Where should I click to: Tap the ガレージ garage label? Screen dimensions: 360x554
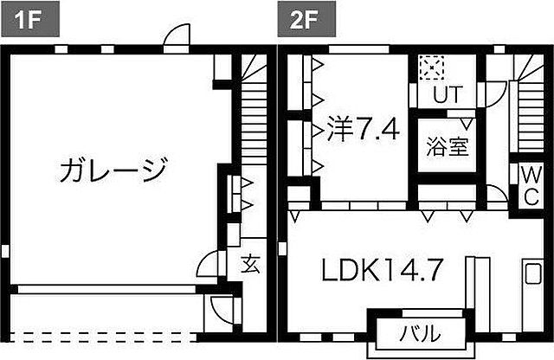[113, 170]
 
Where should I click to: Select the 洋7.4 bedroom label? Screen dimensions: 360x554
[363, 132]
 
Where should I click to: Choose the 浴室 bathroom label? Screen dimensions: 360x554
[447, 146]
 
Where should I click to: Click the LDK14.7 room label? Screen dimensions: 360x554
[383, 271]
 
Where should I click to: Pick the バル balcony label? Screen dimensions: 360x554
[420, 332]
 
